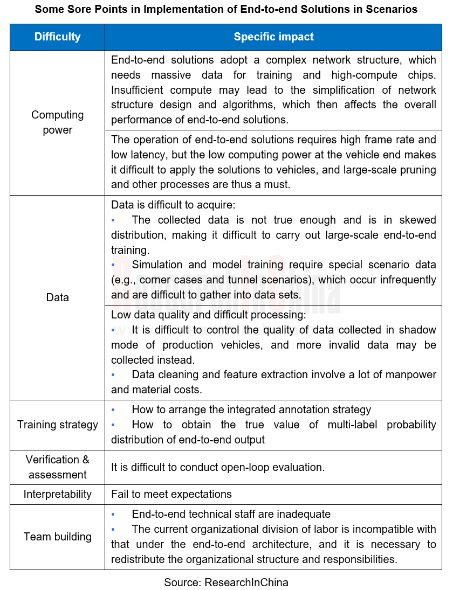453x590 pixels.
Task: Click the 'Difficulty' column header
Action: click(x=57, y=37)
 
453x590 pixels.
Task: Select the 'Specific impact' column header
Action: click(x=273, y=37)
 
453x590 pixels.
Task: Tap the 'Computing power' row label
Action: click(x=57, y=122)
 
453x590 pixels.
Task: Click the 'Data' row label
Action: click(x=57, y=297)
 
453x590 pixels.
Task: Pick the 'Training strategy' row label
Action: click(x=57, y=425)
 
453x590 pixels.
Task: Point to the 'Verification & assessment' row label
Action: click(x=57, y=467)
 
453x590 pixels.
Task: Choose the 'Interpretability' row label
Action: click(x=57, y=494)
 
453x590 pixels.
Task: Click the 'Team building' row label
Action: click(x=57, y=537)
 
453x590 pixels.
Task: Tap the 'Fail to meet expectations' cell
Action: click(x=171, y=494)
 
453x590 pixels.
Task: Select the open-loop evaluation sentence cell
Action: click(x=218, y=467)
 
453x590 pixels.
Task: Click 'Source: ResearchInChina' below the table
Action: click(x=226, y=582)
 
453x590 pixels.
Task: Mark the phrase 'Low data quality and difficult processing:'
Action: click(x=208, y=315)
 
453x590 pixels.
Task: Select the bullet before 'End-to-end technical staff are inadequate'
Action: click(x=113, y=515)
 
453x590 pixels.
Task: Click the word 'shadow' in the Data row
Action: click(x=418, y=330)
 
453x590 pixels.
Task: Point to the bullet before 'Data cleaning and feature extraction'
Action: click(x=113, y=374)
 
